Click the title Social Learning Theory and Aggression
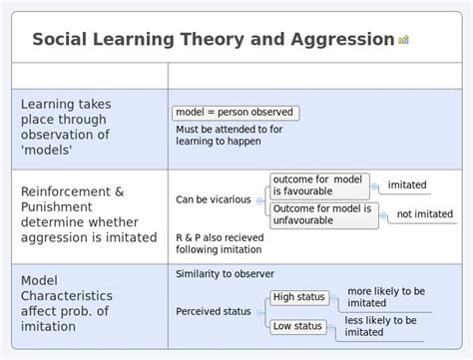click(213, 39)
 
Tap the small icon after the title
click(404, 40)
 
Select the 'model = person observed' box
click(235, 113)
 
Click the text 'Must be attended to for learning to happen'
click(229, 136)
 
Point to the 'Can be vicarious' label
click(214, 199)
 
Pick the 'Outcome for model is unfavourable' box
click(324, 214)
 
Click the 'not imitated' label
click(424, 214)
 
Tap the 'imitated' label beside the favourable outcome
click(407, 185)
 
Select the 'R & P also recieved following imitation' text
click(221, 242)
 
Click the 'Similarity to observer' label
click(225, 274)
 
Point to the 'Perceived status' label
click(214, 311)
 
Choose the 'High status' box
click(298, 297)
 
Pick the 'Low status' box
click(297, 326)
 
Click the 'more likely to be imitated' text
click(386, 297)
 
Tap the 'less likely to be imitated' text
click(380, 326)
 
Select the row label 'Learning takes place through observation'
click(65, 127)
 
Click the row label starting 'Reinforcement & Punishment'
click(88, 214)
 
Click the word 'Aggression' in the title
click(341, 39)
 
